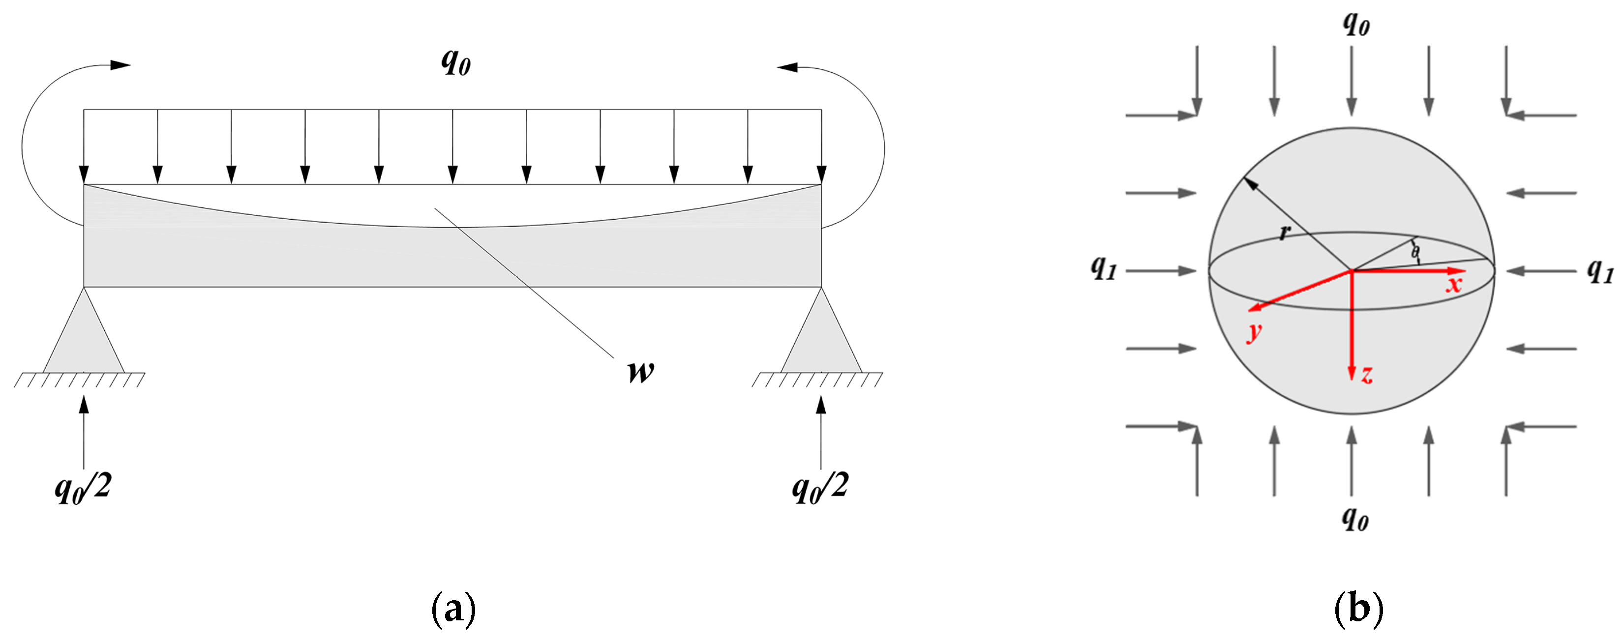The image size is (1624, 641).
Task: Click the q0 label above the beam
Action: coord(455,62)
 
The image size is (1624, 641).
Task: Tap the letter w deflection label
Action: coord(640,372)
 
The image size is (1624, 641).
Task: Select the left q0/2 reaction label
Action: coord(83,488)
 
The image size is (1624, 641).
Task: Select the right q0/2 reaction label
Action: coord(819,488)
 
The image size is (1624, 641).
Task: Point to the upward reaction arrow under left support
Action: coord(84,432)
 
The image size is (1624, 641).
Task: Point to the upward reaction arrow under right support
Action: coord(821,432)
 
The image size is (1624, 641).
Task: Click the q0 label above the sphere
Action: coord(1356,23)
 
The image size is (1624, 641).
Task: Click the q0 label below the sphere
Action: coord(1355,519)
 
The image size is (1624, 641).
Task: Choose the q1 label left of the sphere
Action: coord(1103,268)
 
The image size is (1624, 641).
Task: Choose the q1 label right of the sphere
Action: coord(1600,271)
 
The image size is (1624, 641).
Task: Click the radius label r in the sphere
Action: coord(1284,233)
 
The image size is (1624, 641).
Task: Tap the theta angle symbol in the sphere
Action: coord(1415,253)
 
